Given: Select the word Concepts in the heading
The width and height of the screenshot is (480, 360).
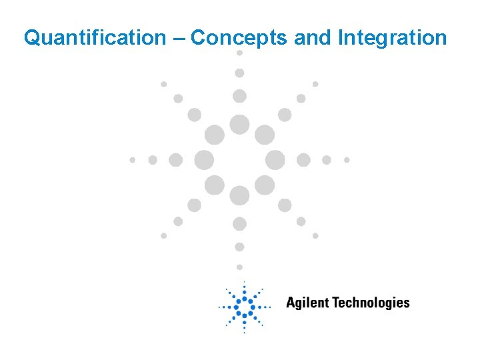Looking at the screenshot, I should pos(239,38).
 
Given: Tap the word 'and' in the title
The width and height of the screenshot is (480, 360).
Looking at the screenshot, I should pos(313,38).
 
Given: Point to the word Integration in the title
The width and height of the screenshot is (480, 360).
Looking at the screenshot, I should pos(392,38).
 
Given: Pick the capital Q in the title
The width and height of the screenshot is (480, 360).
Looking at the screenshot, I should pos(31,38).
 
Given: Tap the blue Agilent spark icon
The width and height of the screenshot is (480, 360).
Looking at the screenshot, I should pos(244,307).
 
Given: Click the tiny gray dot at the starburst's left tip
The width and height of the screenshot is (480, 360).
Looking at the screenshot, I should pos(132,160).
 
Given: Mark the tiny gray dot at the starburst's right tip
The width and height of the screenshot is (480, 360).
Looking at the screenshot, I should pos(347,160).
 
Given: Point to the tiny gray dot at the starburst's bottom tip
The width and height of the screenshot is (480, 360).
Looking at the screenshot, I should pos(239,267).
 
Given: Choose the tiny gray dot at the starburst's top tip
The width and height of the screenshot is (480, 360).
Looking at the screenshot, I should pos(239,53).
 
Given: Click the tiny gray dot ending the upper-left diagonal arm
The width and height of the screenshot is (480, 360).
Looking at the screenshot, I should pos(163,84).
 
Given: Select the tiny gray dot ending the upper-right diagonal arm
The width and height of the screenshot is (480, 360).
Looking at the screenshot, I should pos(315,84).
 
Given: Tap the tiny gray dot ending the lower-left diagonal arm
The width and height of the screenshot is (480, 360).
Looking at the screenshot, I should pos(163,235).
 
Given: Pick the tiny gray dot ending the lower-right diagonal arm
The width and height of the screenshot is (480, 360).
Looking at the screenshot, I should pos(315,235).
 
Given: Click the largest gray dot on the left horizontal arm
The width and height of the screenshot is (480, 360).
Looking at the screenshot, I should pos(204,160).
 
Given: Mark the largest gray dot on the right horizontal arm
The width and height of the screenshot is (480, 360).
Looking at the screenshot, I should pos(275,160).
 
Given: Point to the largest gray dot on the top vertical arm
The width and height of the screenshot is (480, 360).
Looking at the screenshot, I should pos(239,125).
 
